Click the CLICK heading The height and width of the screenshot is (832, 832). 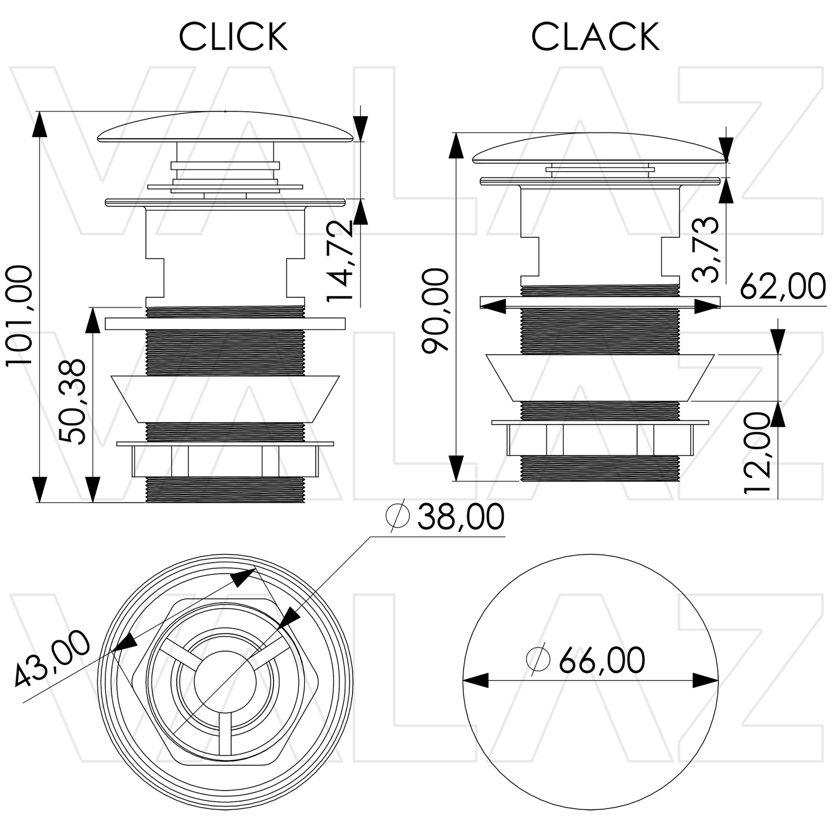tap(233, 37)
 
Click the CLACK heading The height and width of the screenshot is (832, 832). tap(595, 37)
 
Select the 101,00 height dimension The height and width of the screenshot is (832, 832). tap(18, 315)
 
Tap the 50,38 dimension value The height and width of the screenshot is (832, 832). tap(73, 401)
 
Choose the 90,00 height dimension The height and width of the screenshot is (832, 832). tap(435, 311)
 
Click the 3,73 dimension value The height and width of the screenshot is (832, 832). tap(706, 249)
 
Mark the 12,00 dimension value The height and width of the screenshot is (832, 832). tap(757, 453)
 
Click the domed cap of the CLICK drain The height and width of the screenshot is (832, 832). tap(225, 128)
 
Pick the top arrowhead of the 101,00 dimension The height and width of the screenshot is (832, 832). tap(39, 124)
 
